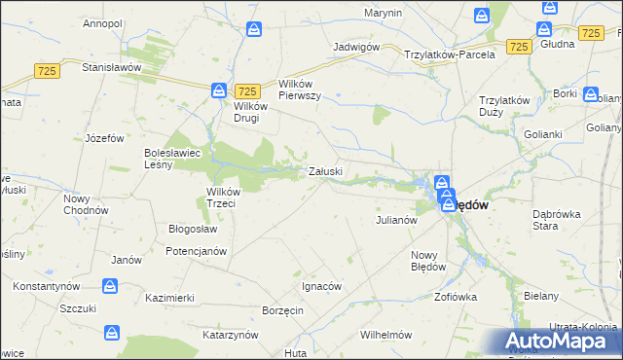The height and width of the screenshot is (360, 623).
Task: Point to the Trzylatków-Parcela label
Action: pos(451,54)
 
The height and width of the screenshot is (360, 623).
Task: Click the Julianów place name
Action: pos(396,220)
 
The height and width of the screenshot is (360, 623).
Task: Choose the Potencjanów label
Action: pos(196,250)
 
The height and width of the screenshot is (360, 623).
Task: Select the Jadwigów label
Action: pos(354,47)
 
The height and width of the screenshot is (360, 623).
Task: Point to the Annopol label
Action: pos(101,22)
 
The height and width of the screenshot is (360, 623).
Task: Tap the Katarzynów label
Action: pos(230,334)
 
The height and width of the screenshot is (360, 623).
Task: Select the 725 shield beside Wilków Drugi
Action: pos(246,90)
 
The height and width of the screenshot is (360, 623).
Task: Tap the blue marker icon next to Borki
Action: pos(591,95)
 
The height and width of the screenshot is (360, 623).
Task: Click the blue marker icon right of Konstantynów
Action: pos(110,287)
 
